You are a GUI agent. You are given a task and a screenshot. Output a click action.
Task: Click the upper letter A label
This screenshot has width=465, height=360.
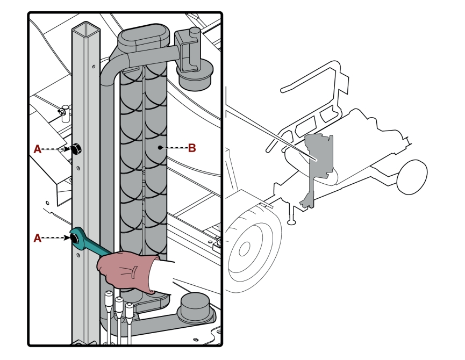[x=38, y=149]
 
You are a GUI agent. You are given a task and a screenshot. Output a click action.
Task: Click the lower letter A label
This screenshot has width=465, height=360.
[x=38, y=238]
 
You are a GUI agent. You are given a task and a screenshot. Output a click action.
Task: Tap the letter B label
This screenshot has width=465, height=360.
[x=192, y=148]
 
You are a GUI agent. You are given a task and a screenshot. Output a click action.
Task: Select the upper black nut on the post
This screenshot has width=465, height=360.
[x=76, y=148]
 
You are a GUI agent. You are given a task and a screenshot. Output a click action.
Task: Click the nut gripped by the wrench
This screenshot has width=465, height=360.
[x=75, y=238]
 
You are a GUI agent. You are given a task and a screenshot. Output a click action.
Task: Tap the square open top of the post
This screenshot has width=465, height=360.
[x=85, y=30]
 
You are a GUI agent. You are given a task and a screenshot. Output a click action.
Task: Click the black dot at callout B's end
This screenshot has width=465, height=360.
[x=160, y=147]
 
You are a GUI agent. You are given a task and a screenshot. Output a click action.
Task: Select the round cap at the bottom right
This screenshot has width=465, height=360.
[x=194, y=307]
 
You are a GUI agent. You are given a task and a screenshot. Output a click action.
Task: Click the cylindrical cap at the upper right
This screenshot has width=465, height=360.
[x=195, y=74]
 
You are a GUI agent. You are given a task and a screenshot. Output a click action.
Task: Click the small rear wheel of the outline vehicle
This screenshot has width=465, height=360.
[x=412, y=177]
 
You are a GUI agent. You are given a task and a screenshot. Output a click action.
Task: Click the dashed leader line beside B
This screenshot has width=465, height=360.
[x=175, y=148]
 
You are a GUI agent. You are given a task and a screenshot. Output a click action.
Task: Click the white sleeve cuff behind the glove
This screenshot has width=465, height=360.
[x=162, y=277]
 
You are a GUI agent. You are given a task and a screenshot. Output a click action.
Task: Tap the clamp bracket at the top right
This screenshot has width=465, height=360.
[x=187, y=51]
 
